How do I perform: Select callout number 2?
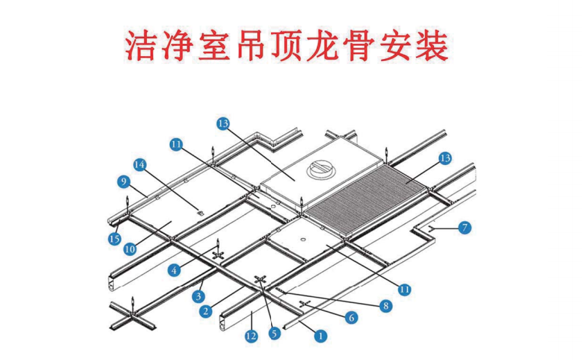point(206,312)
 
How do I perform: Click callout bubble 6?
point(351,317)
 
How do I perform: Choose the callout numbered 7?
point(465,227)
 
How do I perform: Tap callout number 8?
point(386,305)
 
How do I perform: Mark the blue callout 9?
point(123,182)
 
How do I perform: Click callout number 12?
point(251,336)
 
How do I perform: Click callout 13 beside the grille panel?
point(444,159)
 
